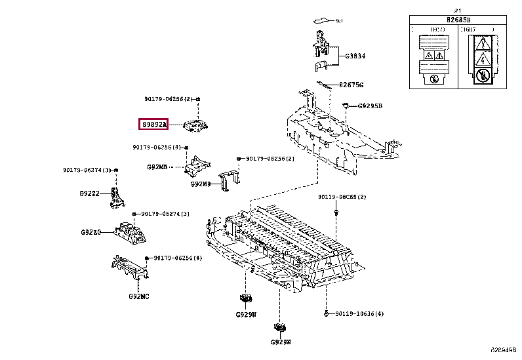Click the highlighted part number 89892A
click(153, 124)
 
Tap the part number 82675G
click(351, 85)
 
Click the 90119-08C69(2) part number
click(342, 197)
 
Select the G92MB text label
click(157, 167)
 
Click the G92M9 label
click(201, 184)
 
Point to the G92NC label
click(138, 296)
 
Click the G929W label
click(246, 315)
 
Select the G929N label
click(280, 342)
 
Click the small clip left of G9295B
click(346, 106)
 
